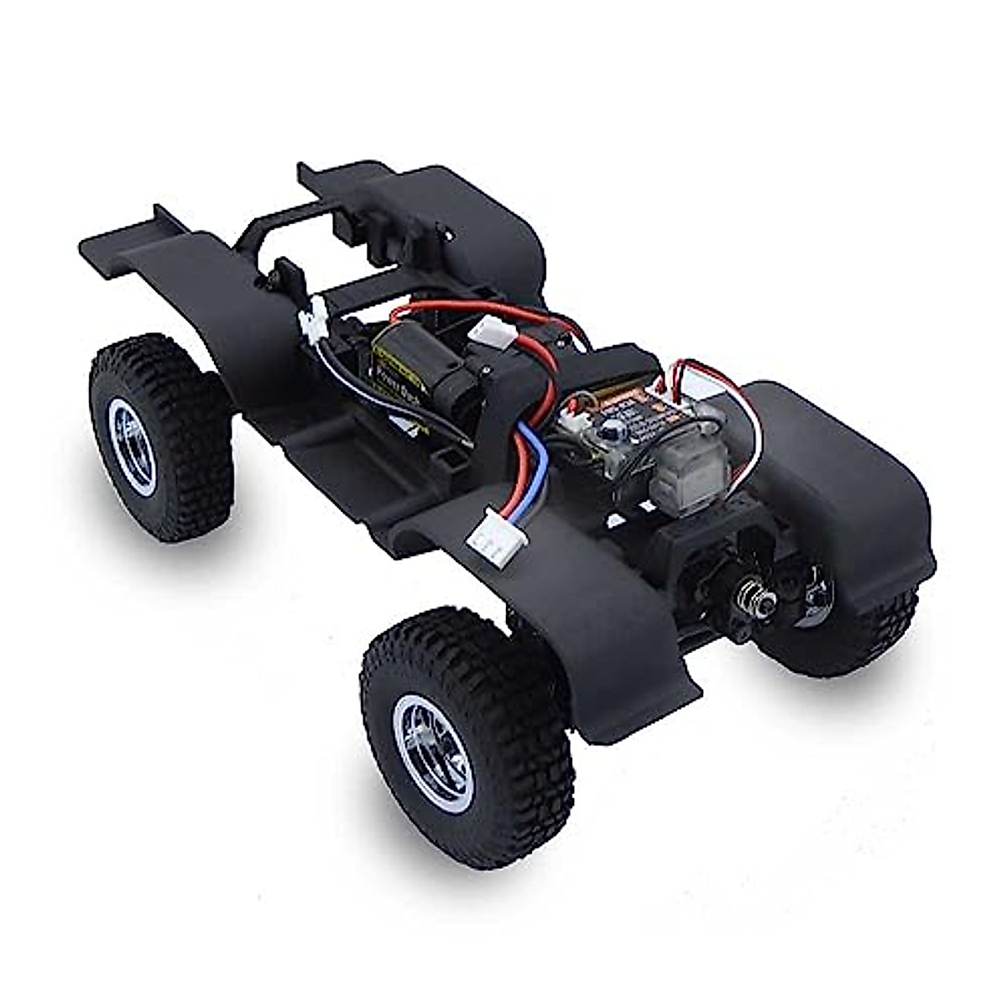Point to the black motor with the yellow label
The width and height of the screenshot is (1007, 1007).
(x=420, y=369)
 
